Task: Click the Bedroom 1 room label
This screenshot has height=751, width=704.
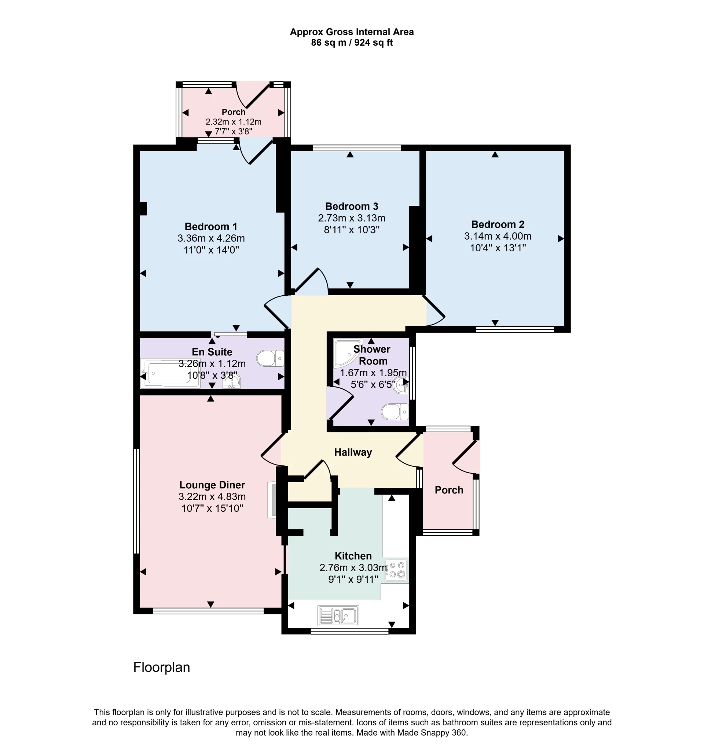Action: click(x=210, y=226)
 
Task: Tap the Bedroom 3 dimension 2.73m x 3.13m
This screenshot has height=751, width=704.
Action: click(x=351, y=218)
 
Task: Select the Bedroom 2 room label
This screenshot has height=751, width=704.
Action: click(x=497, y=225)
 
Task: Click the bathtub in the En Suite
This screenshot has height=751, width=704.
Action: click(x=169, y=373)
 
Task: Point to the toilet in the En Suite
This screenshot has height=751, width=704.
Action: click(x=270, y=358)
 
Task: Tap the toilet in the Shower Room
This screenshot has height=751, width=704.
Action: click(x=394, y=412)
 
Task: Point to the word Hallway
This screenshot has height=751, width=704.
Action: click(x=352, y=452)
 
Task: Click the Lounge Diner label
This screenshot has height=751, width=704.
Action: click(x=212, y=485)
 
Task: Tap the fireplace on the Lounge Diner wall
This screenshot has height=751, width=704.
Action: click(x=272, y=500)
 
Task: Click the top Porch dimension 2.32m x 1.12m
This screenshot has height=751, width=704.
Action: click(x=233, y=122)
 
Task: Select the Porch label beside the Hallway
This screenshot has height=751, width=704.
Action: click(x=448, y=490)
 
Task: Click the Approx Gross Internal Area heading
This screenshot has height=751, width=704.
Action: click(x=351, y=32)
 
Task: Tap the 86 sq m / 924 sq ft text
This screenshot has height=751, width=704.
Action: click(x=351, y=43)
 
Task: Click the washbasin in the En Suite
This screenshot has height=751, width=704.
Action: click(x=231, y=382)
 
